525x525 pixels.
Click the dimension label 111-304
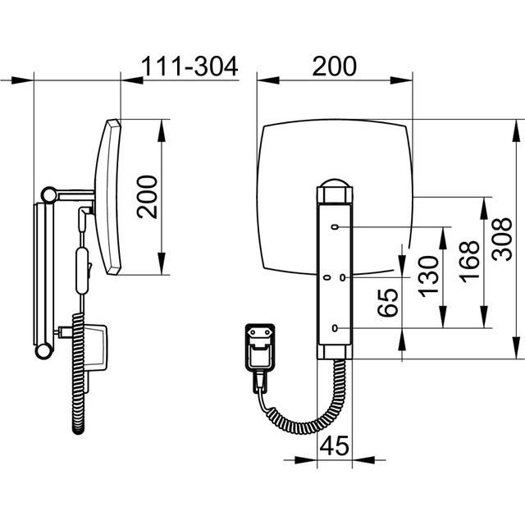pos(189,66)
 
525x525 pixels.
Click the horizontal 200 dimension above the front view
pos(334,66)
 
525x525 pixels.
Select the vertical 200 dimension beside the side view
pos(148,197)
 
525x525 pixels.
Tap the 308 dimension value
pos(502,239)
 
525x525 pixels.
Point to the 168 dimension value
pos(469,261)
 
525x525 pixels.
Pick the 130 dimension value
pos(428,276)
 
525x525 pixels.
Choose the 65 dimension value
pos(388,303)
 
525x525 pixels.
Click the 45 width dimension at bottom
pos(334,445)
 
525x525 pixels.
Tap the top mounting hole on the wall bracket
pos(335,227)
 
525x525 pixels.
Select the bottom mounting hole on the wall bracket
pos(335,328)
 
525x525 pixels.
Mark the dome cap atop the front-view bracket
pos(335,183)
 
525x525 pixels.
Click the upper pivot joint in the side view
pos(49,195)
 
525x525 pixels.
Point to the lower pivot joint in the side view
pos(43,351)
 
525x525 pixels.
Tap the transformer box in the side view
pos(95,347)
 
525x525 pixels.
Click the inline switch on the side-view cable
pos(82,271)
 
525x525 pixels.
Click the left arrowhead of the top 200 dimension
pos(268,80)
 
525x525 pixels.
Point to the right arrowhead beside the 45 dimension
pos(363,459)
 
